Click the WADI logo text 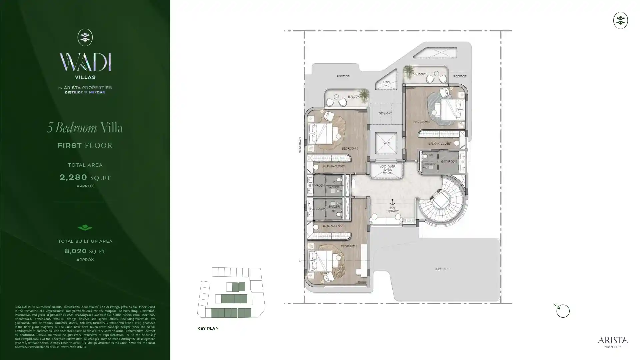[x=85, y=62]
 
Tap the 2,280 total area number [x=73, y=177]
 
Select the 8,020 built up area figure [x=76, y=251]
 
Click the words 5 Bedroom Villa [x=85, y=128]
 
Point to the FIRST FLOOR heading [x=85, y=145]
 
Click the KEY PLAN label [x=208, y=328]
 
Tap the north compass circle [x=563, y=311]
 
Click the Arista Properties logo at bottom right [x=613, y=342]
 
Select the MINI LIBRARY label [x=392, y=209]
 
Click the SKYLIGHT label [x=385, y=113]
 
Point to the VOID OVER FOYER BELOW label [x=387, y=170]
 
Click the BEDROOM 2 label [x=349, y=149]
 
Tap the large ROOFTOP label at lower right [x=441, y=269]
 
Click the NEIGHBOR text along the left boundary [x=300, y=145]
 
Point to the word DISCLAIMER [x=24, y=307]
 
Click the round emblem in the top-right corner [x=620, y=20]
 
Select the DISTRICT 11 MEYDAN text [x=85, y=92]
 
